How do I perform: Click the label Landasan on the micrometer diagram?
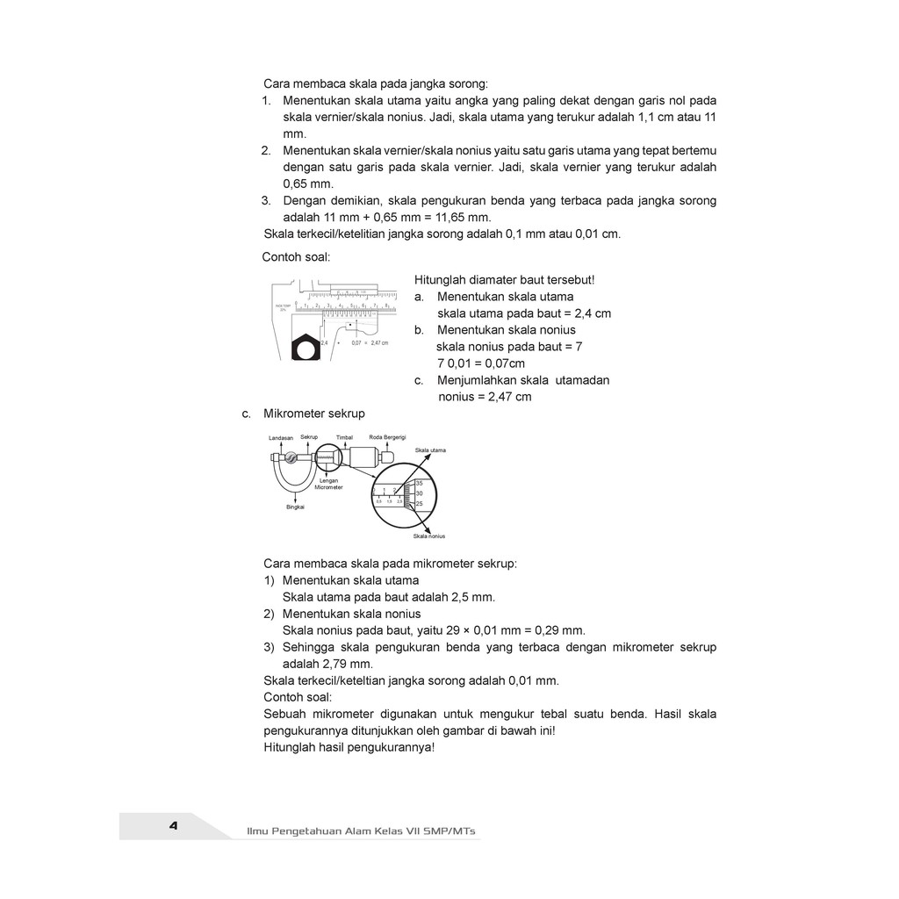(x=281, y=437)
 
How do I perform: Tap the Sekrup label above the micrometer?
(x=309, y=436)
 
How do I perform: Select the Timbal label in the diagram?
(x=343, y=437)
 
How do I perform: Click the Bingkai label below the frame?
(x=294, y=507)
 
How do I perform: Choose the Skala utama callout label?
(x=430, y=450)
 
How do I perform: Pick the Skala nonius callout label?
(x=429, y=535)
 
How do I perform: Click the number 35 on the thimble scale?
(x=420, y=484)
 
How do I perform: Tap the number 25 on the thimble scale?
(x=420, y=504)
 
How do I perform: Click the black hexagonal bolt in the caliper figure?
(x=305, y=349)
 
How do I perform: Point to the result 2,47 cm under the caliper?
(x=379, y=342)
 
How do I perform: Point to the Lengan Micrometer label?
(x=329, y=484)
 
